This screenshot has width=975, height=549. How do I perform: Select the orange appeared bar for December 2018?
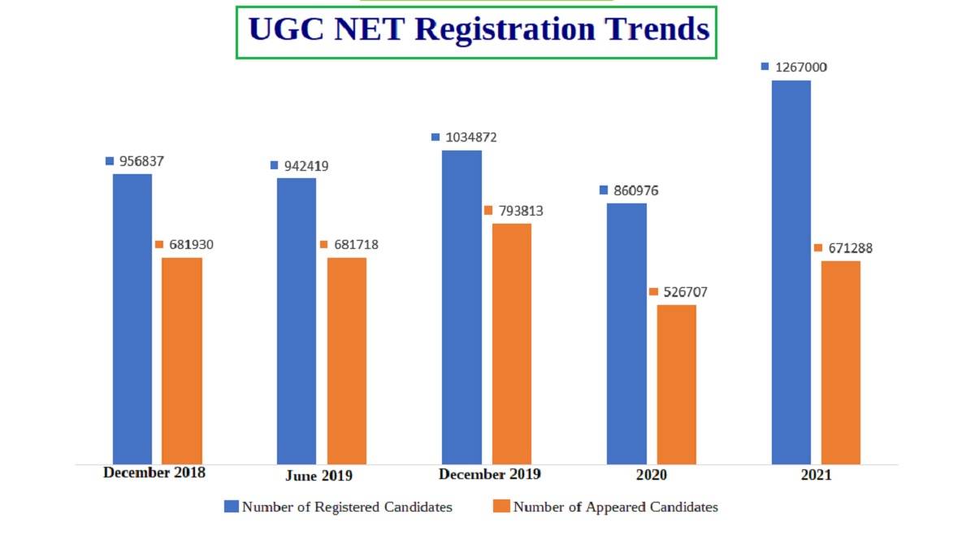coord(182,360)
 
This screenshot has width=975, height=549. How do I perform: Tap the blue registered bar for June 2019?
coord(297,320)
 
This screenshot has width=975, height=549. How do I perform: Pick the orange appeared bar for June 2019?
coord(347,360)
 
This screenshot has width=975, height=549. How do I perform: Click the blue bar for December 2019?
coord(461,307)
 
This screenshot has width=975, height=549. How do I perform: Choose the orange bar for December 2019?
coord(512,343)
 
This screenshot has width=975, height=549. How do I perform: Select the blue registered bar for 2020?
coord(627,333)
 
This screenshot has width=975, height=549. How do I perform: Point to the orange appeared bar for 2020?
coord(677,384)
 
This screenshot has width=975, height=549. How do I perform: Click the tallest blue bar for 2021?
coord(791,272)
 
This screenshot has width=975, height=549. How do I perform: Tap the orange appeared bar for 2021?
coord(841,362)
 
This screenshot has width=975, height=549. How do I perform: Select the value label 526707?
coord(685,292)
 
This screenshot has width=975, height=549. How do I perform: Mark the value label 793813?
coord(520,211)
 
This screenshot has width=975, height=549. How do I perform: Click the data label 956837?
coord(142,161)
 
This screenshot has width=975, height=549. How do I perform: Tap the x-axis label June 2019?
coord(319,476)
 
